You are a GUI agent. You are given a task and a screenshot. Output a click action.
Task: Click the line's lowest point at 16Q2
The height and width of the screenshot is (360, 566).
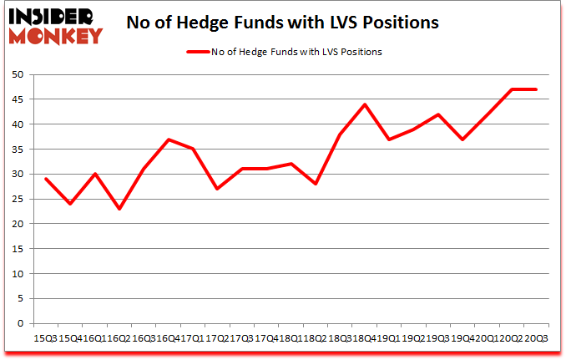click(x=119, y=209)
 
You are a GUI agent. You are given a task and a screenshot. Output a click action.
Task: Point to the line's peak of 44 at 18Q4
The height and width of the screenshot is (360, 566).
click(x=365, y=104)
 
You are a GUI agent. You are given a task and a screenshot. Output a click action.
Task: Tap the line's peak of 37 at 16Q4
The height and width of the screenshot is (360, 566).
click(x=169, y=139)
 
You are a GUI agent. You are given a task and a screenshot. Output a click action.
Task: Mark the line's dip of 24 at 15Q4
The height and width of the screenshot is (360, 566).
click(x=70, y=204)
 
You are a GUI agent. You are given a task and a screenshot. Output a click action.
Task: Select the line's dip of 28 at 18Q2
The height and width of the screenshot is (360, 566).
click(x=316, y=184)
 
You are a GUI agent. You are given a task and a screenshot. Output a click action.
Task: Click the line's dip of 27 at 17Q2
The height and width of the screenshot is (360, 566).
click(x=217, y=189)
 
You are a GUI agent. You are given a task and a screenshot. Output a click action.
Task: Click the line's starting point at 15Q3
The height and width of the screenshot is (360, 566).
click(x=46, y=179)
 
